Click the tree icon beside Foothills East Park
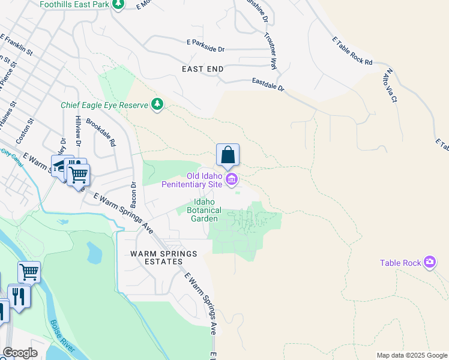click(119, 5)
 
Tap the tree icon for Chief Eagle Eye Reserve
click(157, 105)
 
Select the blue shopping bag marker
click(228, 155)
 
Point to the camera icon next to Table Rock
click(429, 262)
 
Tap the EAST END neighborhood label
click(203, 69)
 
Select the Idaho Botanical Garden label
click(204, 211)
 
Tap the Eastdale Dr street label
click(268, 84)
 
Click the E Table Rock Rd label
click(352, 50)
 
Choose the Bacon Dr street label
click(134, 196)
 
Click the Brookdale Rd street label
click(100, 133)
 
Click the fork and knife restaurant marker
click(19, 296)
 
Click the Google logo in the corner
click(20, 353)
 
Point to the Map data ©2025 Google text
click(411, 355)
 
